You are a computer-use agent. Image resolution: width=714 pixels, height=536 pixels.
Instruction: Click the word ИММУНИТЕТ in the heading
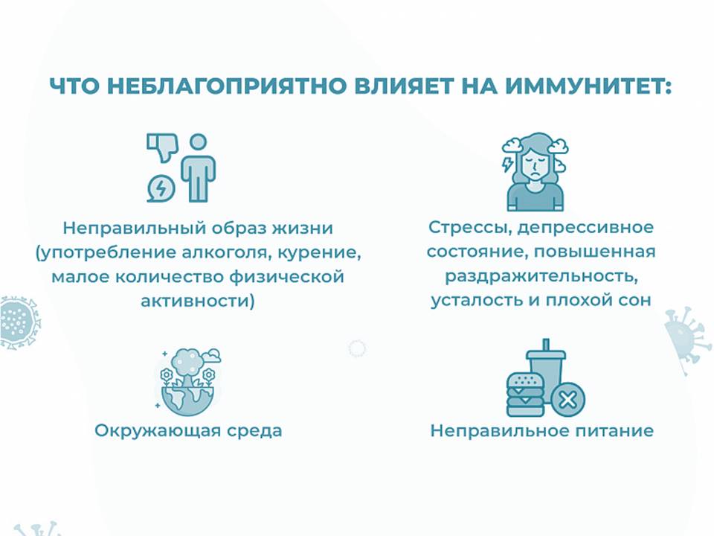[587, 86]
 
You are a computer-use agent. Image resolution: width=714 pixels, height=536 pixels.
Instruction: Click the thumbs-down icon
[162, 147]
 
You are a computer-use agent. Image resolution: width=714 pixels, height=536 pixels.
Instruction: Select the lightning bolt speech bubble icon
[161, 188]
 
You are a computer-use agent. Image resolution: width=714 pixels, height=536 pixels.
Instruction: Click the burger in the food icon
[526, 395]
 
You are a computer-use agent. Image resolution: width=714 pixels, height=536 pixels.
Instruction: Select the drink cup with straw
[547, 365]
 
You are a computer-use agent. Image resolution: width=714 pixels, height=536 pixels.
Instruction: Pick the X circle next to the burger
[567, 400]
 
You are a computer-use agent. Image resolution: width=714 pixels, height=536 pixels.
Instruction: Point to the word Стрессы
[470, 228]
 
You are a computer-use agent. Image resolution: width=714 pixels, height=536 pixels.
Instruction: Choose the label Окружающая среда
[188, 431]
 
